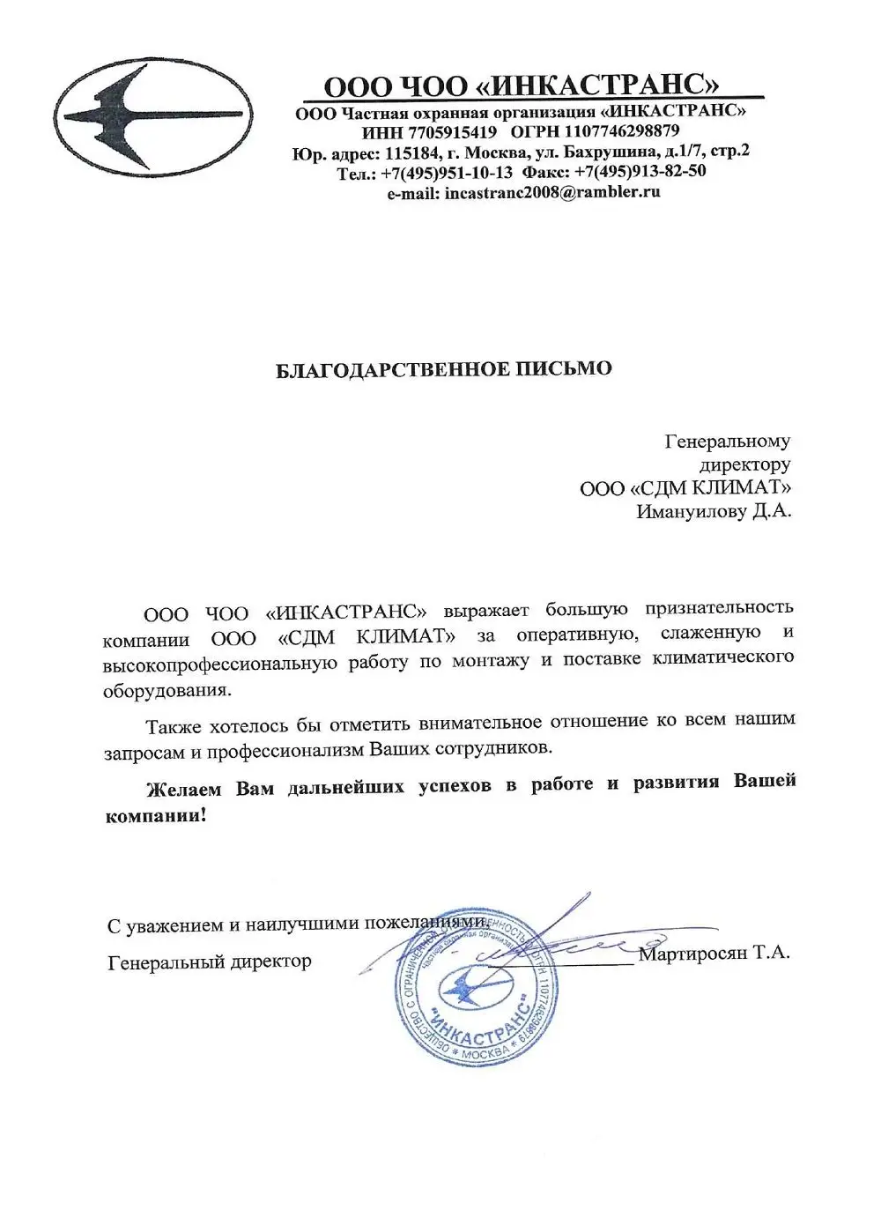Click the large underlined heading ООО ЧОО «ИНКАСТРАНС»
(x=522, y=85)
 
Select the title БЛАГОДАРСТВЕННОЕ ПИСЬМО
(x=444, y=368)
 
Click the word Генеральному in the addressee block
(x=727, y=441)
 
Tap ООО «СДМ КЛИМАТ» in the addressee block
(x=685, y=487)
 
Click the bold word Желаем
(x=185, y=786)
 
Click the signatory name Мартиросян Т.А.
(x=715, y=953)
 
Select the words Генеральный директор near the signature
(x=210, y=961)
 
